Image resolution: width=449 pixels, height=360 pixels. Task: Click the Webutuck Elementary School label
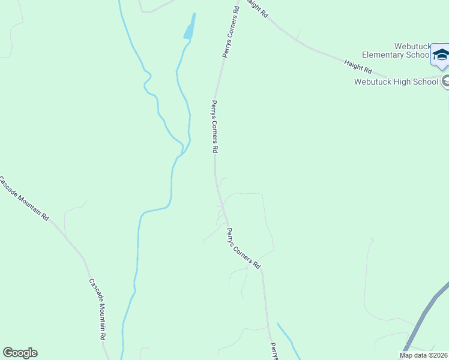click(396, 50)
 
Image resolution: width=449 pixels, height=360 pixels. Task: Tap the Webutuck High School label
click(396, 82)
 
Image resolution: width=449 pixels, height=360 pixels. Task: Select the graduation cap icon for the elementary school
click(441, 55)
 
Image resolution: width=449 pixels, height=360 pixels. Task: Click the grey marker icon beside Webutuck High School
click(445, 81)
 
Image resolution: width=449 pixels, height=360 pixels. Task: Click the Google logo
click(20, 353)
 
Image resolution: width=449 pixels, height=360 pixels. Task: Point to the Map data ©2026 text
click(423, 355)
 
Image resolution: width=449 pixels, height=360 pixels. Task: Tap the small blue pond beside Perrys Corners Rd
click(190, 29)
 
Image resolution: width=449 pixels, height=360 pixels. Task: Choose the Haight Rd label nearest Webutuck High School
click(358, 67)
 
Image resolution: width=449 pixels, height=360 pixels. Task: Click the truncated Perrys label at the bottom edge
click(274, 351)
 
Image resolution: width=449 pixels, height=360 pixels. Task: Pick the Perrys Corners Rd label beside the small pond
click(230, 33)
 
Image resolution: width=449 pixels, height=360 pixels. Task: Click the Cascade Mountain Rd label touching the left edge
click(24, 199)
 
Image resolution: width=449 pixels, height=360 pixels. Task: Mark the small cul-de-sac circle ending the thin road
click(372, 240)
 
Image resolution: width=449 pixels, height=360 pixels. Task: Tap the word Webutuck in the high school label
click(373, 82)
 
